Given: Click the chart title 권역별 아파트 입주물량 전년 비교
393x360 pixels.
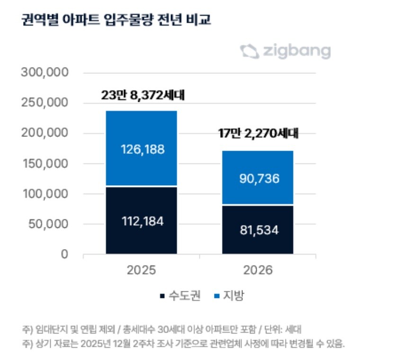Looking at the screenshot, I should coord(116,20).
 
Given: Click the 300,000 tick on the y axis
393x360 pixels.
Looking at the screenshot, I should coord(45,73).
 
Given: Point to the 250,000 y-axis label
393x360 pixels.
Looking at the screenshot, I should coord(45,103).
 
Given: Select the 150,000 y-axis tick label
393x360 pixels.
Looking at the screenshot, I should coord(45,164).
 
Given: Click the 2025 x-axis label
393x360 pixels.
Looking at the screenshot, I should coord(141,270).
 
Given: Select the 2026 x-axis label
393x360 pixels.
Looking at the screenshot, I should coord(259,270).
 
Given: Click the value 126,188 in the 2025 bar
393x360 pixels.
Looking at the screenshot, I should coord(141,149).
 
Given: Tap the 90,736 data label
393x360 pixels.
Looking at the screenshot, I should coord(259,178).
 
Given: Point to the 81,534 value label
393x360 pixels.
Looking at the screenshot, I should coord(259,231).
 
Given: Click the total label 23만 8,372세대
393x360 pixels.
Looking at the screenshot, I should coord(142,96).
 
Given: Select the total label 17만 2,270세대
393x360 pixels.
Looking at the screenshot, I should coord(259,133).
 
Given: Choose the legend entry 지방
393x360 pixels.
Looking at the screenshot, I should coord(232,296).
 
